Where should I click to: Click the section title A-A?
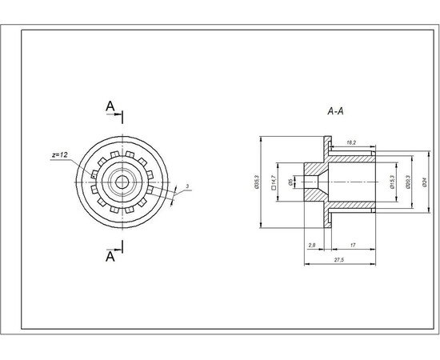[x=335, y=112]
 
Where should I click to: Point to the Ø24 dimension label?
[x=425, y=182]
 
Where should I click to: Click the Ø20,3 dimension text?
[x=408, y=182]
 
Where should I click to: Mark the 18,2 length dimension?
[x=350, y=142]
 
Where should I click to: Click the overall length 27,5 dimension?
[x=340, y=261]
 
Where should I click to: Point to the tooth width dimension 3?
[x=186, y=186]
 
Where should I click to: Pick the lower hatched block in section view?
[x=318, y=203]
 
